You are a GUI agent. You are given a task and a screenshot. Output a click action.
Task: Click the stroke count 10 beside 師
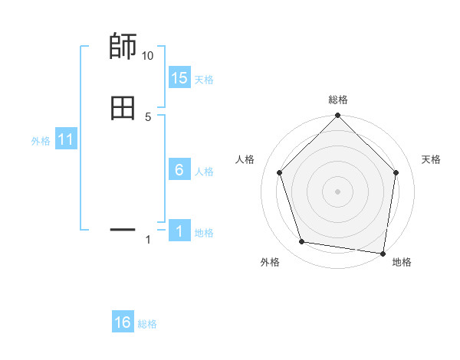click(148, 56)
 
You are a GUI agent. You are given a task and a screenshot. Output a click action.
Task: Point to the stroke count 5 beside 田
click(148, 117)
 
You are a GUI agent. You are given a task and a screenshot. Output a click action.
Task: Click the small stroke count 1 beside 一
click(148, 241)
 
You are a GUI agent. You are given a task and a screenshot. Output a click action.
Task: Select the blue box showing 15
click(179, 78)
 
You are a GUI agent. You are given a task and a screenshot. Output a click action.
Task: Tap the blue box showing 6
click(179, 171)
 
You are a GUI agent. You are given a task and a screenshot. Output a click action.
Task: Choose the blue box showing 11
click(66, 140)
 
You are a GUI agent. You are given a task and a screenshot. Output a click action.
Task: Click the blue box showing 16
click(123, 323)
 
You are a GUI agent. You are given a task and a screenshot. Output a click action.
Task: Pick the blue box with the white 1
click(179, 232)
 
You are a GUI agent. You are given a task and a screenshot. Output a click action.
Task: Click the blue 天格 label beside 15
click(204, 80)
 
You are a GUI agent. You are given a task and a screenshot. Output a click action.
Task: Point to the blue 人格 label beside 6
click(204, 172)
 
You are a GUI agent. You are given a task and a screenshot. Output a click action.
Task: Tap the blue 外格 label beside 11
click(41, 141)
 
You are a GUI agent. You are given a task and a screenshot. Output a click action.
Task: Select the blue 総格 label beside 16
click(147, 324)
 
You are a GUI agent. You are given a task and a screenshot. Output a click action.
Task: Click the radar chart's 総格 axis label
click(338, 100)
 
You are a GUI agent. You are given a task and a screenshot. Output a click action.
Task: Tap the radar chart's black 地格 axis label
click(402, 262)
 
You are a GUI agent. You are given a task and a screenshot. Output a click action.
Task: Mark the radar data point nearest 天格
click(396, 172)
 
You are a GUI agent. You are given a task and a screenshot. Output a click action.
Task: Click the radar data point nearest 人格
click(279, 172)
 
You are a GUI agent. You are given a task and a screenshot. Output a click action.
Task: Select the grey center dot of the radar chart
click(337, 191)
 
